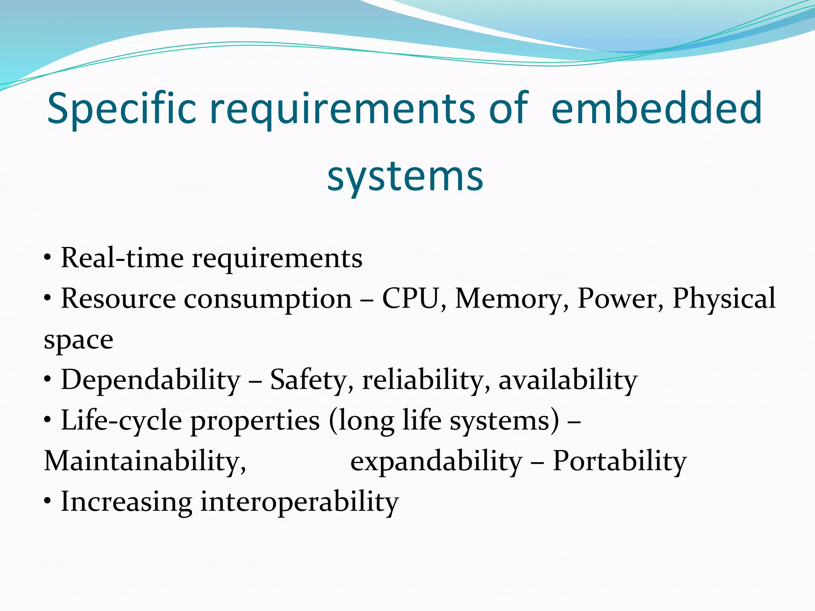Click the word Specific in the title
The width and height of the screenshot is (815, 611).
point(122,109)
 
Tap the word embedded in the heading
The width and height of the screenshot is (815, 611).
point(657,108)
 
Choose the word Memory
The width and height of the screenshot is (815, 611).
point(508,299)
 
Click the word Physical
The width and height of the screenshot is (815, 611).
point(723,299)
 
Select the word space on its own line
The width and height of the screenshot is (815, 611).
point(78,341)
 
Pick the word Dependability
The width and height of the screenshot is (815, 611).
point(150,380)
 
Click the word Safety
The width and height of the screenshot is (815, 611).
point(308,380)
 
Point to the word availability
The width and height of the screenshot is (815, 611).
point(568,380)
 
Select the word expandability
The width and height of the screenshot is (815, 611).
point(436,462)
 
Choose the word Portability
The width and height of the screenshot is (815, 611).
point(620,462)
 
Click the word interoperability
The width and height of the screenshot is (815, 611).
point(299,502)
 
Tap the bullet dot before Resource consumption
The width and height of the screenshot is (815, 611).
point(48,298)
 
